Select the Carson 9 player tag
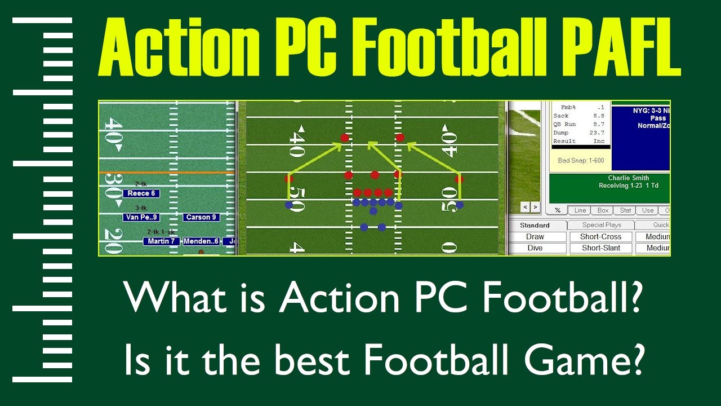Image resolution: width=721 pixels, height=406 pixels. click(201, 217)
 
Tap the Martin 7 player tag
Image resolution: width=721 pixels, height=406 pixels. click(162, 241)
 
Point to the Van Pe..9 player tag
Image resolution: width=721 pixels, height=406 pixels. click(141, 217)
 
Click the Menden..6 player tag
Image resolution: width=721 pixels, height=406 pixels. click(201, 241)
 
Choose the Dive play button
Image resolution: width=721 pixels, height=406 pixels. click(535, 248)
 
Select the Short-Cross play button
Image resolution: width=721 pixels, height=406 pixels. click(600, 237)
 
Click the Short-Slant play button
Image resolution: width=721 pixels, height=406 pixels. click(600, 248)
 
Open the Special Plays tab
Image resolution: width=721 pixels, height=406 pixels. click(602, 225)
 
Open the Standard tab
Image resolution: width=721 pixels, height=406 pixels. click(535, 225)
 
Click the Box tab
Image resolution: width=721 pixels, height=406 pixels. click(603, 210)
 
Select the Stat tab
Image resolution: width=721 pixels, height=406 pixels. click(625, 210)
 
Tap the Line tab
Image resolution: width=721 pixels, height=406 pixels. click(580, 210)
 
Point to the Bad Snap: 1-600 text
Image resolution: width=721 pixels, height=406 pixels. click(581, 161)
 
